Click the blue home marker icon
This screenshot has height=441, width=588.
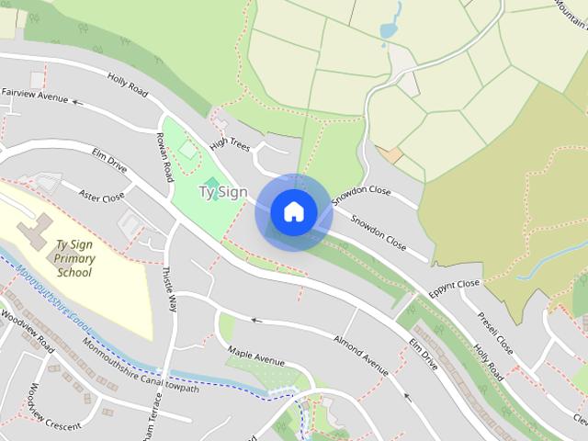click(x=293, y=212)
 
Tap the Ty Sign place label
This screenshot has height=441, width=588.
click(x=222, y=191)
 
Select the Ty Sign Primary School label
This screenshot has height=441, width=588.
click(x=74, y=258)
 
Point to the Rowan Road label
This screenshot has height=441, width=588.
click(x=165, y=155)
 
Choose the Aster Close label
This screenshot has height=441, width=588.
click(x=101, y=197)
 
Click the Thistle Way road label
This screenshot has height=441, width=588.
click(x=167, y=289)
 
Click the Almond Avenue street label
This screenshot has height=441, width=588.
click(x=362, y=356)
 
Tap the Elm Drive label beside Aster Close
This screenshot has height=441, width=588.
click(x=109, y=162)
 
